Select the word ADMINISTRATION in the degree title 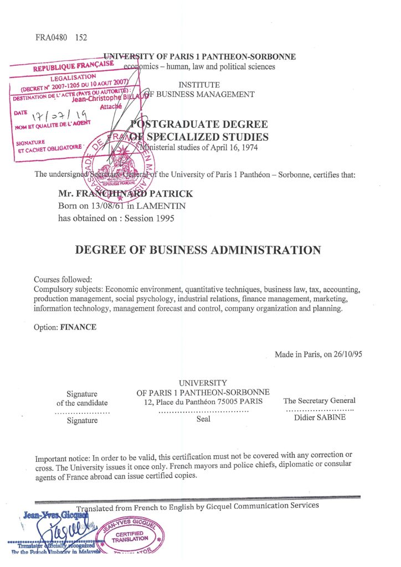(266, 250)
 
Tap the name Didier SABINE (320, 417)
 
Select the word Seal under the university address (203, 419)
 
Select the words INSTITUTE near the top (198, 85)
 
